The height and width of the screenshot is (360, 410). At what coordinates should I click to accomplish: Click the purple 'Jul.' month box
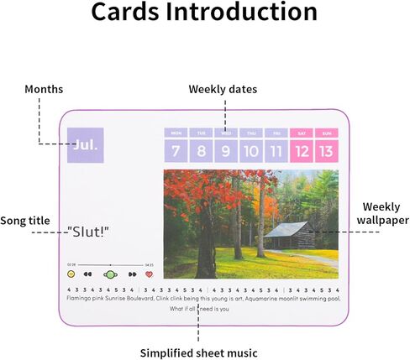tap(87, 145)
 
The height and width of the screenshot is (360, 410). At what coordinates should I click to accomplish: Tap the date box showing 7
tap(176, 151)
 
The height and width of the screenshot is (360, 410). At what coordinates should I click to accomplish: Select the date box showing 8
tap(201, 151)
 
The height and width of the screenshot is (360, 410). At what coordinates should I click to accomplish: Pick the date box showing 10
tap(250, 151)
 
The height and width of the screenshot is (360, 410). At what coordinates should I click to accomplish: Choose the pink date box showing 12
tap(302, 151)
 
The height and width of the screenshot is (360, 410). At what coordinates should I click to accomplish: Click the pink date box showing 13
tap(326, 151)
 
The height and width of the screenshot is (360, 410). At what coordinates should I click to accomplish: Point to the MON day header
tap(176, 133)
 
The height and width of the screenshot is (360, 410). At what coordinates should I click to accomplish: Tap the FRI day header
tap(276, 133)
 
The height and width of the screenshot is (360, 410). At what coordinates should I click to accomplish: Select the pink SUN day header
tap(326, 133)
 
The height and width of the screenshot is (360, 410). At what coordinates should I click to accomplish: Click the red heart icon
tap(150, 274)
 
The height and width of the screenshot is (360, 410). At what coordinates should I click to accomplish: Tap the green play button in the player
tap(110, 274)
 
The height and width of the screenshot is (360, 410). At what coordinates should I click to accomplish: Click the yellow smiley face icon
tap(71, 274)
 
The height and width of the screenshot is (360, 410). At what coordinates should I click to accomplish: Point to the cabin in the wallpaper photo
tap(289, 234)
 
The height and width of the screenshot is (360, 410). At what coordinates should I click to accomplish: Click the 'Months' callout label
tap(44, 89)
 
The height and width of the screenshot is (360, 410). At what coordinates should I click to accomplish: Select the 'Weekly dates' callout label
tap(223, 89)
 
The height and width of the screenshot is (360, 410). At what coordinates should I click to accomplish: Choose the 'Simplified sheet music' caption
tap(197, 352)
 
